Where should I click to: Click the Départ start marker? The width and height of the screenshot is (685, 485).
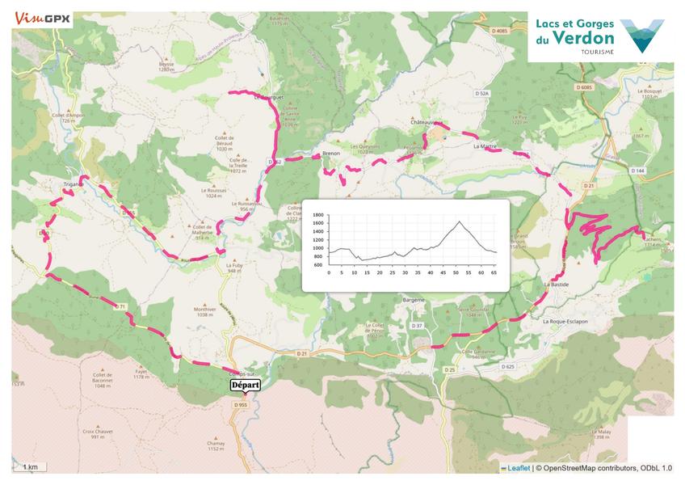pyautogui.click(x=246, y=386)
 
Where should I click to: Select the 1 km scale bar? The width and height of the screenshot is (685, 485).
pyautogui.click(x=31, y=467)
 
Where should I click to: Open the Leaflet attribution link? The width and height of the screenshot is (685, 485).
pyautogui.click(x=518, y=468)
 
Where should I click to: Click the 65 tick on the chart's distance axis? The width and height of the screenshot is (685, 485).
pyautogui.click(x=493, y=273)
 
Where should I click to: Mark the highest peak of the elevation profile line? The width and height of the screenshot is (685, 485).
pyautogui.click(x=459, y=221)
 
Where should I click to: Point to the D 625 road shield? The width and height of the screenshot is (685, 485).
pyautogui.click(x=506, y=366)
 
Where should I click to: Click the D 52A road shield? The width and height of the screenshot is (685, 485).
pyautogui.click(x=483, y=94)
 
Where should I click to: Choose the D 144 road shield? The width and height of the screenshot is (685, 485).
pyautogui.click(x=639, y=171)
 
